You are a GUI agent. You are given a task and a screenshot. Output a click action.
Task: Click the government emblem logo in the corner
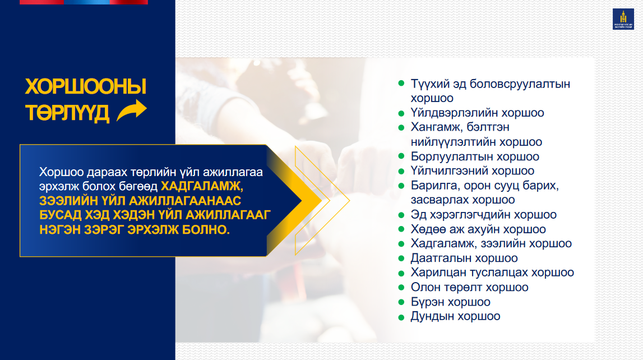pyautogui.click(x=623, y=19)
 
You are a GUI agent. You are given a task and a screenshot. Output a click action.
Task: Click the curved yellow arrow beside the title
pyautogui.click(x=132, y=110)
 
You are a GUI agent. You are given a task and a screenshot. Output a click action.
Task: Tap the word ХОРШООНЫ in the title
pyautogui.click(x=85, y=86)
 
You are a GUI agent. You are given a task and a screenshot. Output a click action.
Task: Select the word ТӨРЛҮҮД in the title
pyautogui.click(x=67, y=113)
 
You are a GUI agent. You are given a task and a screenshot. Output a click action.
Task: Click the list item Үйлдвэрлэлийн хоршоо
pyautogui.click(x=477, y=113)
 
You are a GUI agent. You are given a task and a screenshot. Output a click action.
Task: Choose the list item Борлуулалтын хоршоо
pyautogui.click(x=475, y=156)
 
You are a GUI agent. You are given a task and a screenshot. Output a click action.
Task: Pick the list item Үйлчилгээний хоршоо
pyautogui.click(x=473, y=170)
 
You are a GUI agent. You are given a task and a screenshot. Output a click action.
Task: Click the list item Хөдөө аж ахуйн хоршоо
pyautogui.click(x=478, y=229)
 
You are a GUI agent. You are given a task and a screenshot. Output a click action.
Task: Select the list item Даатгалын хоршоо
pyautogui.click(x=464, y=258)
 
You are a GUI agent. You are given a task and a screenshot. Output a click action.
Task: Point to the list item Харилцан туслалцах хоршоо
pyautogui.click(x=492, y=273)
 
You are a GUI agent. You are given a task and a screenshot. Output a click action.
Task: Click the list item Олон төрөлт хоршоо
pyautogui.click(x=470, y=287)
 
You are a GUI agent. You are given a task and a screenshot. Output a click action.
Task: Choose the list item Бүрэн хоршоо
pyautogui.click(x=451, y=302)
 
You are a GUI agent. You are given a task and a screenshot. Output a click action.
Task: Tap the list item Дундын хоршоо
pyautogui.click(x=455, y=316)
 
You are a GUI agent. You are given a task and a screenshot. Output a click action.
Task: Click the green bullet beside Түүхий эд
pyautogui.click(x=401, y=84)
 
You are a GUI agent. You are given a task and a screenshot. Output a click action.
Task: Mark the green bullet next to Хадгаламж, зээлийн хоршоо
pyautogui.click(x=401, y=243)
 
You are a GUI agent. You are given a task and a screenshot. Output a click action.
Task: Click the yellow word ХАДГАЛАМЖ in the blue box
pyautogui.click(x=202, y=186)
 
